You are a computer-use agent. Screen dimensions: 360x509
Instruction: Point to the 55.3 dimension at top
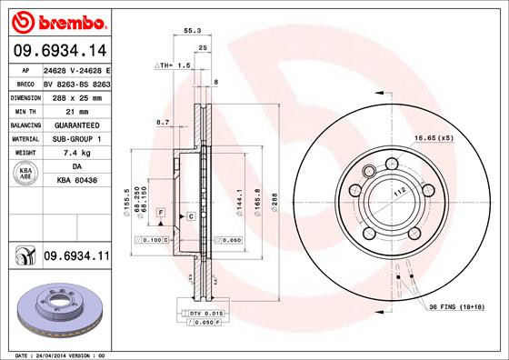click(x=193, y=30)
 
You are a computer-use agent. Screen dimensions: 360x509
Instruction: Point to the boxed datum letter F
click(x=160, y=211)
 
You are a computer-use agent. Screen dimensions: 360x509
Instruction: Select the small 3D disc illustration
click(x=56, y=305)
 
